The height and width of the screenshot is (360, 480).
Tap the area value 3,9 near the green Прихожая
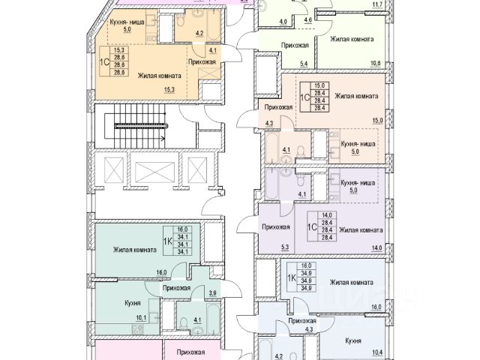coord(211,293)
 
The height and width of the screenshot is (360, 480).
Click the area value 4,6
coord(307,22)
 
